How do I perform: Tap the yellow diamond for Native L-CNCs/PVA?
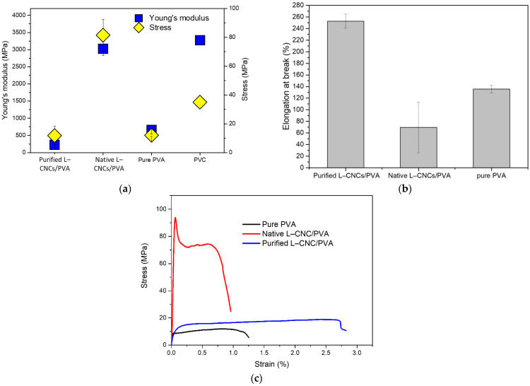click(x=103, y=35)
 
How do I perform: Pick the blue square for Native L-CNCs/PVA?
click(x=103, y=49)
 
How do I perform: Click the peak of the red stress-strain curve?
click(x=175, y=218)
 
